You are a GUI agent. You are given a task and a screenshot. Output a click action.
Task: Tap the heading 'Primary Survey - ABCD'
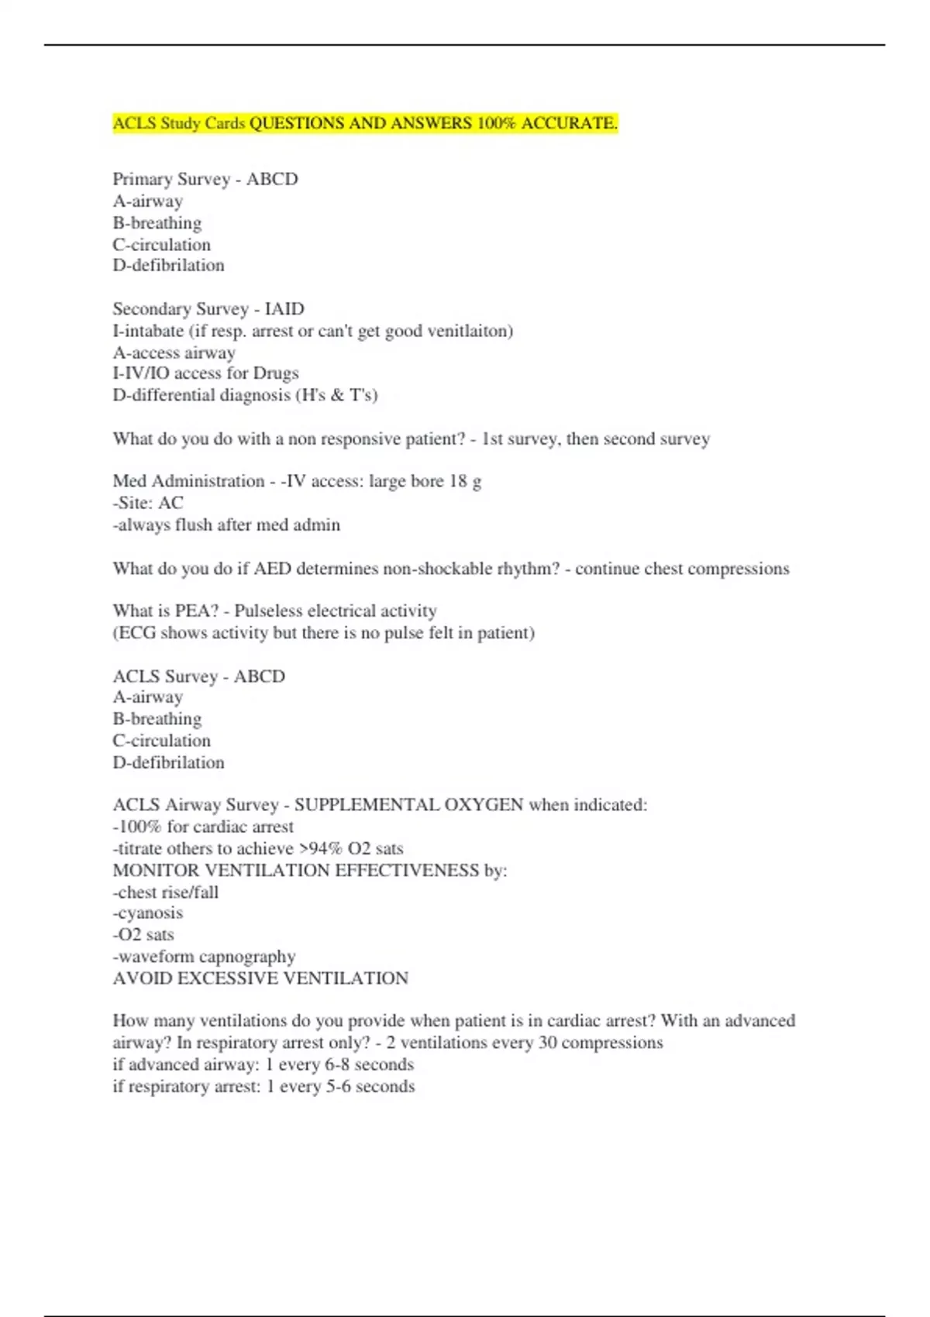coord(205,179)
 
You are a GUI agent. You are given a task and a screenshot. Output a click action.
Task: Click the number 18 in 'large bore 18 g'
coord(458,481)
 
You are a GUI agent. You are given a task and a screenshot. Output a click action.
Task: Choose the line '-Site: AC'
coord(148,503)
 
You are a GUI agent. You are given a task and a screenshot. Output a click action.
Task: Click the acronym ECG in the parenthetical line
coord(136,633)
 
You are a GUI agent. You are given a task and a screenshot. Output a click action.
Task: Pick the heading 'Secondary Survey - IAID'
coord(208,309)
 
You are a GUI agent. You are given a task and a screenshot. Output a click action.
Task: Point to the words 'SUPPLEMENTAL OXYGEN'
coord(408,805)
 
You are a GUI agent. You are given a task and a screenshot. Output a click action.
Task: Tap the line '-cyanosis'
coord(148,913)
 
